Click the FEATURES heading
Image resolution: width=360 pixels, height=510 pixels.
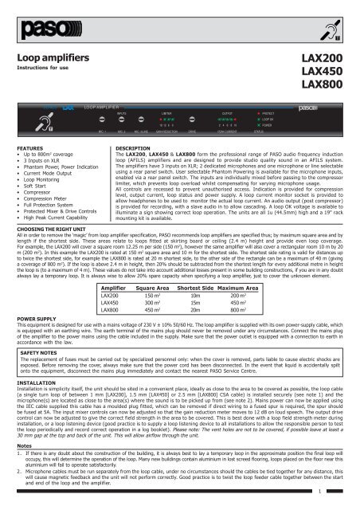pos(30,149)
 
